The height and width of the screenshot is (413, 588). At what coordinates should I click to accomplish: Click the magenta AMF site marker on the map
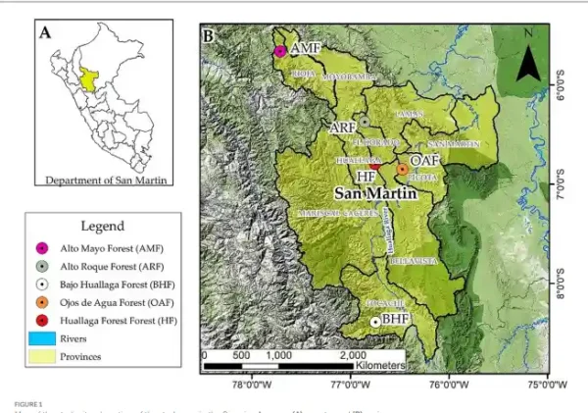pyautogui.click(x=280, y=50)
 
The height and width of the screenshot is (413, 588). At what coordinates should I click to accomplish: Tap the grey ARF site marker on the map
pyautogui.click(x=364, y=123)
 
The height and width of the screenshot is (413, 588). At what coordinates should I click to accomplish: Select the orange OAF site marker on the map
pyautogui.click(x=401, y=170)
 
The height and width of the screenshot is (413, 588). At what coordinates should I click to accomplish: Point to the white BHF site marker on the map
pyautogui.click(x=374, y=322)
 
